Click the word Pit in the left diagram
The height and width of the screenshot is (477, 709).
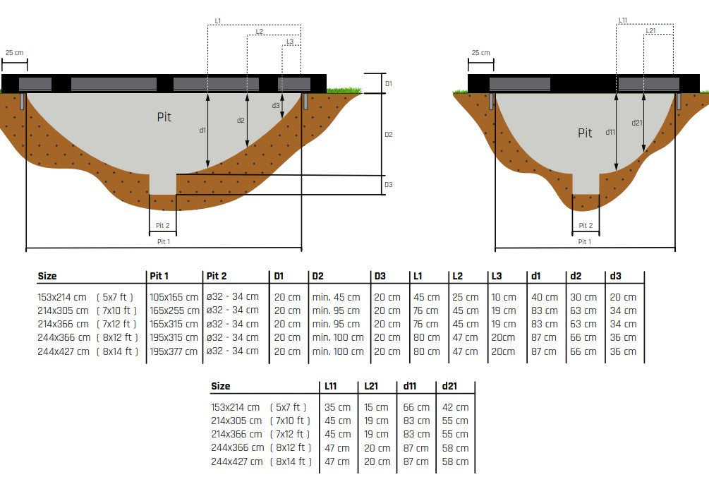tap(164, 117)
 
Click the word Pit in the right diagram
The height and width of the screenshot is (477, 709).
tap(585, 133)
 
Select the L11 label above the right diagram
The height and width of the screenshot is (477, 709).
tap(623, 20)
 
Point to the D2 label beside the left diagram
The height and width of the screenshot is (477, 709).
tap(388, 134)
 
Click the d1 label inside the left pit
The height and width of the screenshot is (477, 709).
tap(202, 131)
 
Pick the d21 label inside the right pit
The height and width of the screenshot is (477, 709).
tap(637, 123)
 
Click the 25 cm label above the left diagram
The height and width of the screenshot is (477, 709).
tap(14, 53)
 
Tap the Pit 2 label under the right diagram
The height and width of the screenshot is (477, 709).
tap(585, 226)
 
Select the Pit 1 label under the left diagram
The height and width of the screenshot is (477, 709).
tap(163, 241)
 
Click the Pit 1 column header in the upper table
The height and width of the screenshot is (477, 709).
tap(159, 276)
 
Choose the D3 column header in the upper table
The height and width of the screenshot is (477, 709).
tap(380, 276)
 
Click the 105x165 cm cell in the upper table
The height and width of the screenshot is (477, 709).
tap(174, 297)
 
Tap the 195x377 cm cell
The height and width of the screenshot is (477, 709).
tap(174, 351)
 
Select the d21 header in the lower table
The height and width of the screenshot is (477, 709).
tap(450, 387)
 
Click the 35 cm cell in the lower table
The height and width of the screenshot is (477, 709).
tap(337, 407)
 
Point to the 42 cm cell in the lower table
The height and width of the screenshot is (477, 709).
tap(455, 407)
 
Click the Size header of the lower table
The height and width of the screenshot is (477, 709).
tap(221, 387)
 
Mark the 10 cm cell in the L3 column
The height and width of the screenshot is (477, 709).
tap(504, 297)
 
